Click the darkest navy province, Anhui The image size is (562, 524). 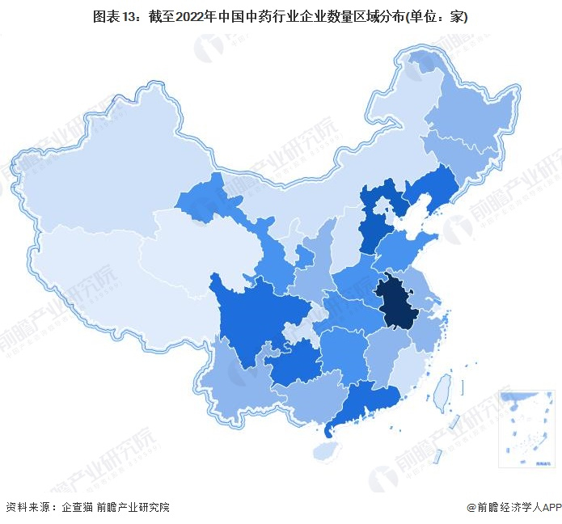(397, 302)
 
